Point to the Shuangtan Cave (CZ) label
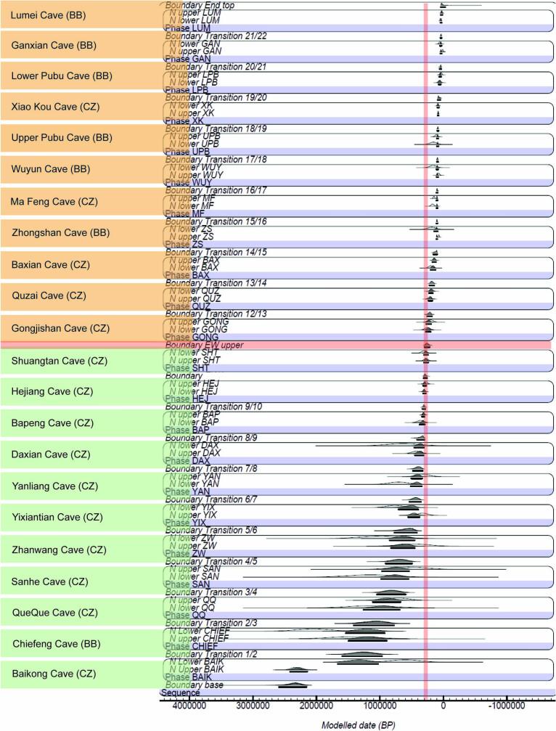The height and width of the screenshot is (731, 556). point(54,361)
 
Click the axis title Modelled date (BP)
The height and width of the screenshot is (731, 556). point(357,724)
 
